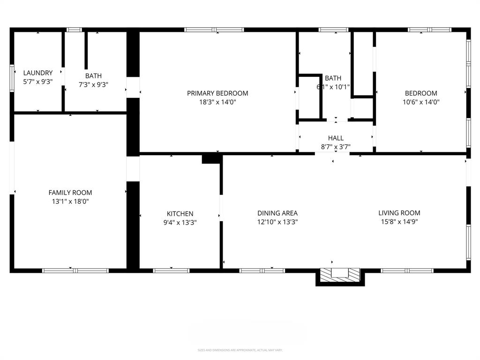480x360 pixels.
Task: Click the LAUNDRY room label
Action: (x=38, y=73)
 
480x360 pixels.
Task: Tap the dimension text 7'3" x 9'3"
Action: (x=93, y=84)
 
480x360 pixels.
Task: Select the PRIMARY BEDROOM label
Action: (x=217, y=93)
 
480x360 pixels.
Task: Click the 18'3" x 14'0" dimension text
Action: (x=217, y=102)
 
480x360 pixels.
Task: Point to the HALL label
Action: (x=336, y=138)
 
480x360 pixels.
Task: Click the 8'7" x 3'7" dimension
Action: (x=336, y=147)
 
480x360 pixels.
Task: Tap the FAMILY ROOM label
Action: (x=70, y=193)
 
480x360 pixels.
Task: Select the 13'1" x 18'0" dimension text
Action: (x=70, y=201)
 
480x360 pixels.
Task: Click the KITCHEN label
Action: (x=180, y=214)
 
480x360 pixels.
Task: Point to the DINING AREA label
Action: (x=277, y=213)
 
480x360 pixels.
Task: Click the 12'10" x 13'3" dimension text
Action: (x=277, y=222)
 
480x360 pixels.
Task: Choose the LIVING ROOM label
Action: (x=399, y=213)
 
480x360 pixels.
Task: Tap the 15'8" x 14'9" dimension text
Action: (x=399, y=222)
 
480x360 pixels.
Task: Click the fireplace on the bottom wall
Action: (x=340, y=276)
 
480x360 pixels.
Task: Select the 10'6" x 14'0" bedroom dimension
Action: (x=421, y=102)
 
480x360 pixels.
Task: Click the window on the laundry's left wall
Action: (x=12, y=75)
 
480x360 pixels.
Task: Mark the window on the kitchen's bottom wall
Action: (x=171, y=270)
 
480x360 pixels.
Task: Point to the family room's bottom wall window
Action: (x=75, y=270)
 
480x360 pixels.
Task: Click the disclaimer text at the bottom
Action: (x=240, y=350)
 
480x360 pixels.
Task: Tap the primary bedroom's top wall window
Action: (x=214, y=30)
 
